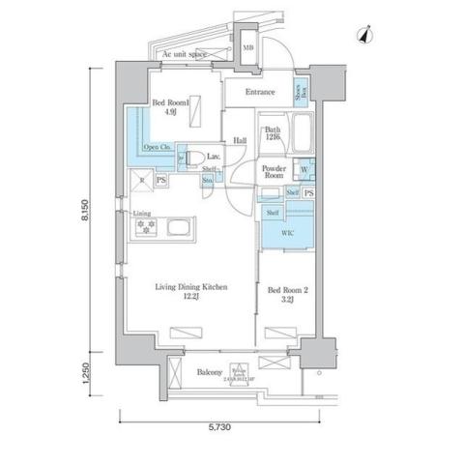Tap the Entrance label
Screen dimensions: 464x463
click(259, 93)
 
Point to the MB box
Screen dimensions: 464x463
click(248, 48)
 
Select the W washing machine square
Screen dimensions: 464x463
click(304, 170)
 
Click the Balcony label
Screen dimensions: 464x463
click(210, 372)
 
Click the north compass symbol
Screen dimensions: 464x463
click(363, 35)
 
